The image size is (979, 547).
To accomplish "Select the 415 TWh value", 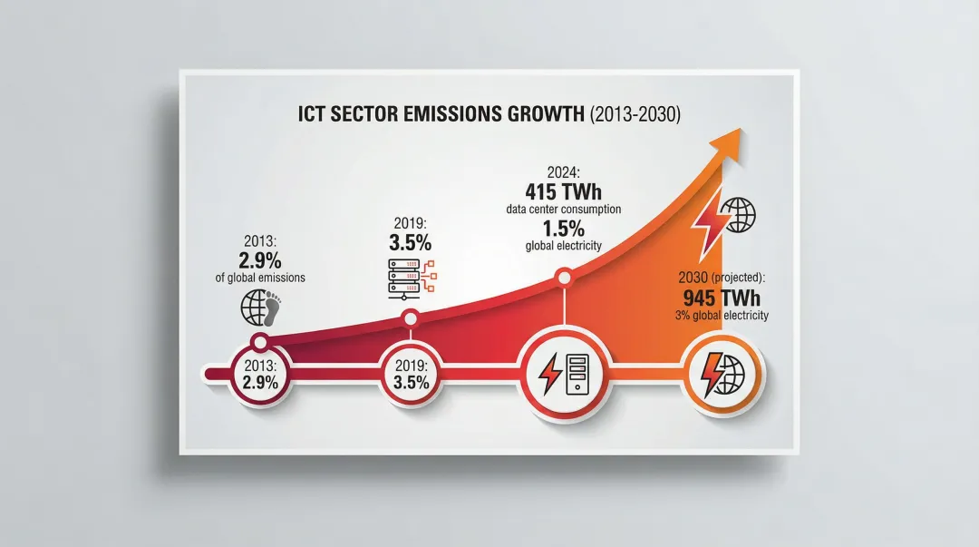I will pos(563,191).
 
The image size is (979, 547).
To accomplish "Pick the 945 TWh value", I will pos(722,298).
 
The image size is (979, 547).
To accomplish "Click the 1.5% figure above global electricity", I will pos(563,229).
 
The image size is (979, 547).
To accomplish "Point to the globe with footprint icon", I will pos(259,307).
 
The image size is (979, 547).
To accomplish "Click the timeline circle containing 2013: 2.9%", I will pos(260,374).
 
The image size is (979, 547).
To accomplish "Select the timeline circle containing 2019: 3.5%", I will pos(412,374).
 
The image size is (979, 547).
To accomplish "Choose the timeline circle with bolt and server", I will pos(564,374).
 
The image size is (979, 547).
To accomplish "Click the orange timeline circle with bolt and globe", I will pos(722,374).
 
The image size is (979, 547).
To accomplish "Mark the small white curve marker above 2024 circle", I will pos(564,276).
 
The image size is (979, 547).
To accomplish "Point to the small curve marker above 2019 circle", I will pos(411,317).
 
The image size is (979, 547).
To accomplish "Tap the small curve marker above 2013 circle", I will pos(260,342).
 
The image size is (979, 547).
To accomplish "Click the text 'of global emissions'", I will pos(260,278).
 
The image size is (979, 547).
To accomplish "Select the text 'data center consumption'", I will pos(563,210).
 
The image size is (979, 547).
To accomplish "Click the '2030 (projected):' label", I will pos(722,278).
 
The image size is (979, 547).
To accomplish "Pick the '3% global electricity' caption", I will pos(722,316).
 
